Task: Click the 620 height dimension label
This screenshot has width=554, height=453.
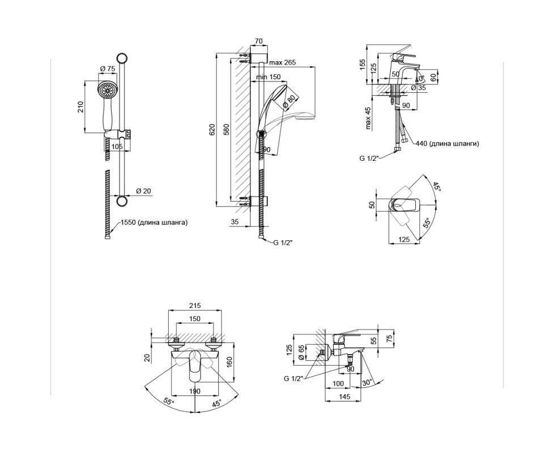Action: [212, 130]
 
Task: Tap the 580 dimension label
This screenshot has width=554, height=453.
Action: [227, 130]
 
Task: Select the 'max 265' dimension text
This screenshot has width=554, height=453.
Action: [282, 62]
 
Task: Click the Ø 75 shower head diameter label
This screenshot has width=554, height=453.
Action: [108, 69]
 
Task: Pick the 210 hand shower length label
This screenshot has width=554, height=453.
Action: [80, 107]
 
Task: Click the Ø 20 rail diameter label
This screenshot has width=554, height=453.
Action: [143, 191]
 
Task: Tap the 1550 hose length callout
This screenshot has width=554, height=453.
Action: [154, 223]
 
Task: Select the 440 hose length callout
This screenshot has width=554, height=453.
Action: [448, 144]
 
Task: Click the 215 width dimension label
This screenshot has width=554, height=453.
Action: [195, 305]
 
